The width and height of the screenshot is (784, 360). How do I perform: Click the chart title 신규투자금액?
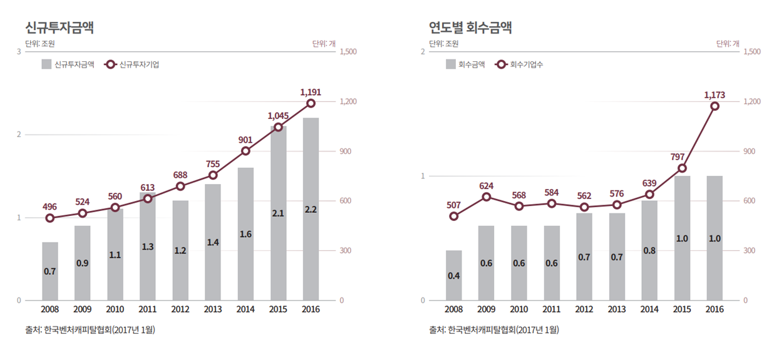59,27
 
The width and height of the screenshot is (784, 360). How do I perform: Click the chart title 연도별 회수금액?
470,27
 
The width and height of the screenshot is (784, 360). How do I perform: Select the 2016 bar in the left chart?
311,208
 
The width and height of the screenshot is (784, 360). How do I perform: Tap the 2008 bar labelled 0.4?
454,275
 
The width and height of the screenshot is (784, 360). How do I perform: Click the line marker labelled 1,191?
311,103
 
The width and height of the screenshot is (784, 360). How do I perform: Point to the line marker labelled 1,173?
714,106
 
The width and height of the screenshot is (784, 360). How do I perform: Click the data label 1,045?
278,116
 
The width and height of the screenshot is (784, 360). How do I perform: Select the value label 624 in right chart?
487,186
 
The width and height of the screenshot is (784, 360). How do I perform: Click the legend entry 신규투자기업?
138,64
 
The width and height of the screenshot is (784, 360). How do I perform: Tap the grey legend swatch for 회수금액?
451,64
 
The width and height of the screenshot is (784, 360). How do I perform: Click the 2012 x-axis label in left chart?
180,309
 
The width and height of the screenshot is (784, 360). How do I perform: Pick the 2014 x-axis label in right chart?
649,309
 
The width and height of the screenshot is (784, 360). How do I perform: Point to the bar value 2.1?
278,213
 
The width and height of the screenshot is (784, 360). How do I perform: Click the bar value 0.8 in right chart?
649,250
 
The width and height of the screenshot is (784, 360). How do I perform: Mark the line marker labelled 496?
50,219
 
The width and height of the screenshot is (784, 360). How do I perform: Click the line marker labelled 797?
682,168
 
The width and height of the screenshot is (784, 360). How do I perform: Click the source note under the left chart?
90,329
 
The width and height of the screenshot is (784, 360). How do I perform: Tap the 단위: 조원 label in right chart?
444,44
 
